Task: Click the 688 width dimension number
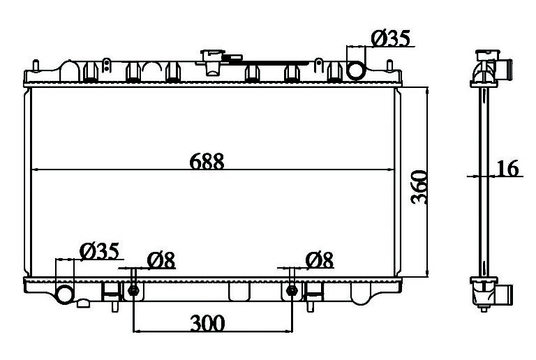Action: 207,162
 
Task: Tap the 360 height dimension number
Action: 419,187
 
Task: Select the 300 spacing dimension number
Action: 207,323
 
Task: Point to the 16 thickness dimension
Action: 507,168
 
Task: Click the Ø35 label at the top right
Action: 390,38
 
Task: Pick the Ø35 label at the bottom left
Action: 99,251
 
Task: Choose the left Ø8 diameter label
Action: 161,260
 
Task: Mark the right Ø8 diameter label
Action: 319,260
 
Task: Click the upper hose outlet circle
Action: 356,70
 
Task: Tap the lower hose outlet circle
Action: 65,294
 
